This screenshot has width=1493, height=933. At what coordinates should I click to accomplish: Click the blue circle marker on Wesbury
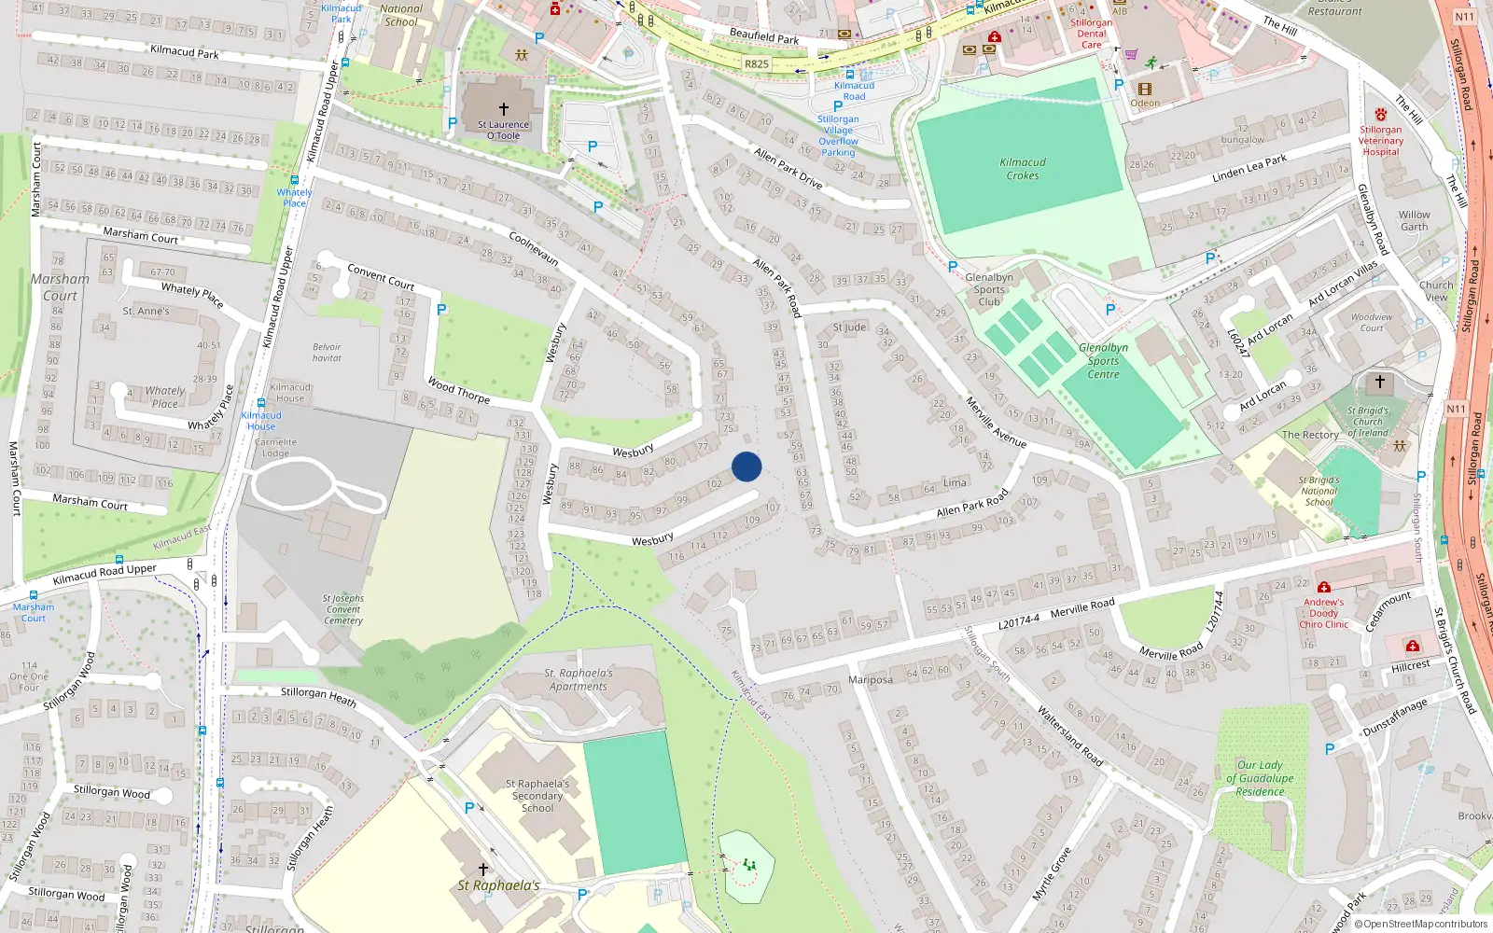click(x=746, y=466)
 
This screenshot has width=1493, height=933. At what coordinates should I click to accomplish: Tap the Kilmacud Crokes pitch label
click(x=1023, y=169)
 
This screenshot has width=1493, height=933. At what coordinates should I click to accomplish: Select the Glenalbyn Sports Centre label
click(x=1103, y=361)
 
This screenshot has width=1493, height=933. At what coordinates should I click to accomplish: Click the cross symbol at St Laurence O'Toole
click(x=504, y=109)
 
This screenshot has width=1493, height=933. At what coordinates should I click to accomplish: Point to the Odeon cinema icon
click(x=1145, y=89)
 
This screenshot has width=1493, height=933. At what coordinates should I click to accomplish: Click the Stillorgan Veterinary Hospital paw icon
click(x=1380, y=114)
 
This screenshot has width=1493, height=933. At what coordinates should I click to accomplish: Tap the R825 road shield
click(x=757, y=64)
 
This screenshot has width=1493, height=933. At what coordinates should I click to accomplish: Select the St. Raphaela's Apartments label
click(x=579, y=679)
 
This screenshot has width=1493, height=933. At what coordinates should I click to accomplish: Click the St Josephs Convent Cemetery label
click(x=343, y=609)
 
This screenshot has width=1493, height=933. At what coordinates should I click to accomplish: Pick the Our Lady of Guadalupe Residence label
click(x=1260, y=778)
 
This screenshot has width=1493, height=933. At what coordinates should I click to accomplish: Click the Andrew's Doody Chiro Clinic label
click(x=1323, y=613)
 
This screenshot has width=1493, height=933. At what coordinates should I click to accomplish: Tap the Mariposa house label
click(x=871, y=679)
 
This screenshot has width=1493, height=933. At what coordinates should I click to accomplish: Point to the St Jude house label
click(x=849, y=327)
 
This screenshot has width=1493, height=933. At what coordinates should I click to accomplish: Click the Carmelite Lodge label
click(x=275, y=448)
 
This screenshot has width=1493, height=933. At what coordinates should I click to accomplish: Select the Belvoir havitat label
click(x=327, y=352)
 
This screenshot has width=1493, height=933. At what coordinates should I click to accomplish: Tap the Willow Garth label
click(x=1414, y=220)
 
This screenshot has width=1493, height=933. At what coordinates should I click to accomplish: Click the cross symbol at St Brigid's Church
click(x=1380, y=382)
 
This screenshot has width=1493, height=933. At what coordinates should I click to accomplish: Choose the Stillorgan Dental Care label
click(x=1091, y=34)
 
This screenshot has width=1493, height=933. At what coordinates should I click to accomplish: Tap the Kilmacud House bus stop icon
click(x=261, y=403)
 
